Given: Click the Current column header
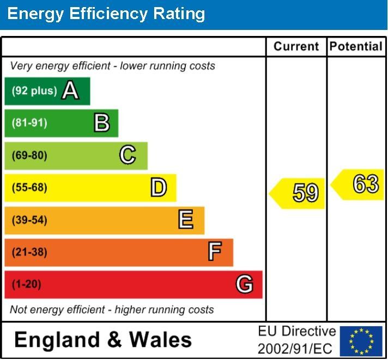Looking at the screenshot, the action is point(296,46).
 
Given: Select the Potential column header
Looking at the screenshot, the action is point(356,46).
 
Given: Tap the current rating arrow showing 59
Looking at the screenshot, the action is point(296,193).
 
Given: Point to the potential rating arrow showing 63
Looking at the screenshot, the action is point(357,185).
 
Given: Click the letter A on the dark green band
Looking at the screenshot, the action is point(70,90).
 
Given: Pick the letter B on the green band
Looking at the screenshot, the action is point(102,123).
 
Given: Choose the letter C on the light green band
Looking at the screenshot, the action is point(128,155).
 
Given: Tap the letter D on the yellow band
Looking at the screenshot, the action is point(159,187).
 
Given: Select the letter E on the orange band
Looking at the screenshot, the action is point(186,219).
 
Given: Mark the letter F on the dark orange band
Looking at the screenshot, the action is point(215,251).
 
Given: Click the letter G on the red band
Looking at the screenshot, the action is point(245,284).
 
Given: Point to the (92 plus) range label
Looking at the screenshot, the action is point(34,91).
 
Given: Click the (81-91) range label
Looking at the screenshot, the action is point(29,123).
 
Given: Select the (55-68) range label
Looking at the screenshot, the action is point(29,187).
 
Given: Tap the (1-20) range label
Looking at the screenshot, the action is point(27,284).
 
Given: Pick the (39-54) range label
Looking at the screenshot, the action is point(29,220).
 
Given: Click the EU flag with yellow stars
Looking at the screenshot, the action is point(361,341).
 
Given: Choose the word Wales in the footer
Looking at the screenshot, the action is point(160,340).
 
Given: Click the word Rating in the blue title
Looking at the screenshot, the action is point(179,14).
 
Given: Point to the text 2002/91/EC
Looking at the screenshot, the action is point(295,349).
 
